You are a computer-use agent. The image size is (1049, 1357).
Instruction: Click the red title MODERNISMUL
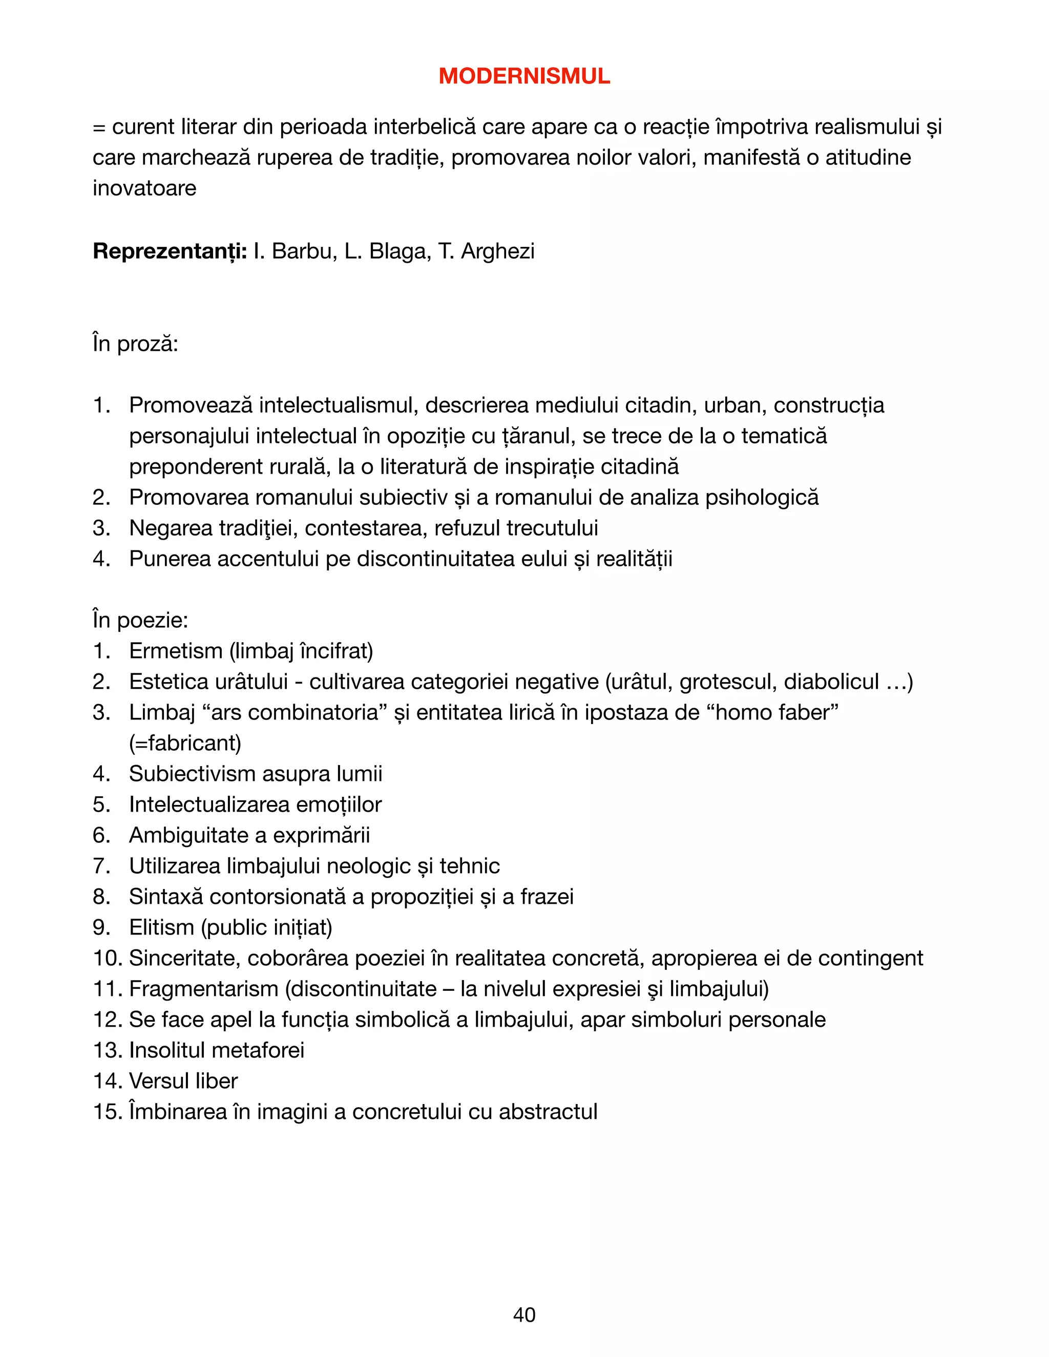[x=524, y=76]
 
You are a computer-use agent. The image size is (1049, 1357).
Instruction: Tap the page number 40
[x=524, y=1314]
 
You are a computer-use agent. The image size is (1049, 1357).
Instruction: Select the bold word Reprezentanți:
[x=170, y=251]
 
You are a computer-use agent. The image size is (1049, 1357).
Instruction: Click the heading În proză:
[x=135, y=344]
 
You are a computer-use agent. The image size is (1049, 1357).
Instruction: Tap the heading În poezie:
[x=140, y=620]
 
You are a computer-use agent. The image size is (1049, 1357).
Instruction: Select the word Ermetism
[x=176, y=651]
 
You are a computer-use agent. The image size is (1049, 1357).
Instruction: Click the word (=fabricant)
[x=185, y=743]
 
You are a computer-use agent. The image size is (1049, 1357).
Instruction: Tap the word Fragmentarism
[x=203, y=988]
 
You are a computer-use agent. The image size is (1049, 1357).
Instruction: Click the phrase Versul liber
[x=183, y=1081]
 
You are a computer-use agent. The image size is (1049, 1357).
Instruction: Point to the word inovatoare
[x=144, y=188]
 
